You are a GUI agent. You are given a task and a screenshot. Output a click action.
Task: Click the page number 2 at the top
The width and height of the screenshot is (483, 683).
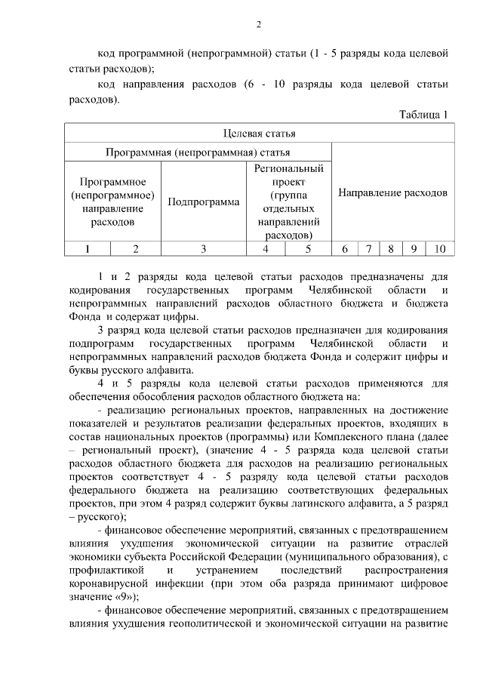click(258, 25)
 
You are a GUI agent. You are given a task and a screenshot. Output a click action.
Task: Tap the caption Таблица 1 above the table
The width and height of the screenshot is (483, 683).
click(423, 114)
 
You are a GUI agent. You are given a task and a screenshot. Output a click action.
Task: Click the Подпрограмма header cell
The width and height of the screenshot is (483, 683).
click(204, 202)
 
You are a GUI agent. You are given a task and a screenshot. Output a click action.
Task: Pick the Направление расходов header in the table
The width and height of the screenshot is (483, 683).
click(392, 192)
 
